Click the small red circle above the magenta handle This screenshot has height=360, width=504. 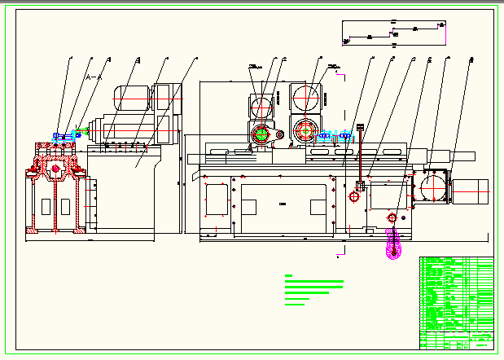click(x=392, y=217)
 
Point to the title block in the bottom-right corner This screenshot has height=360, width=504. click(x=457, y=338)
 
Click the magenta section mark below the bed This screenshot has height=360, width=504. click(x=337, y=255)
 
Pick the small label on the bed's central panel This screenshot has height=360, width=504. click(x=283, y=203)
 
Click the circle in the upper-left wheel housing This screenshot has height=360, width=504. click(x=262, y=107)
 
